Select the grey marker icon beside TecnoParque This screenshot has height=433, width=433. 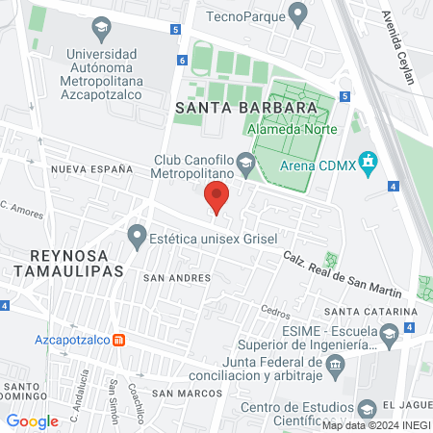point(298,14)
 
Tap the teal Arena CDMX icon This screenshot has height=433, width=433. point(367,160)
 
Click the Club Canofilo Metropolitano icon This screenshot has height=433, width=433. point(246,165)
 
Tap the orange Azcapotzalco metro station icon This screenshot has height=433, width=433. point(118,340)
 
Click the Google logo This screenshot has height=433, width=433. point(33,420)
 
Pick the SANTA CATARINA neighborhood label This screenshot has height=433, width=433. point(370,312)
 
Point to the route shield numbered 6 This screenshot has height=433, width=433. point(182,61)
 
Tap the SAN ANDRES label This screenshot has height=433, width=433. point(176,277)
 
